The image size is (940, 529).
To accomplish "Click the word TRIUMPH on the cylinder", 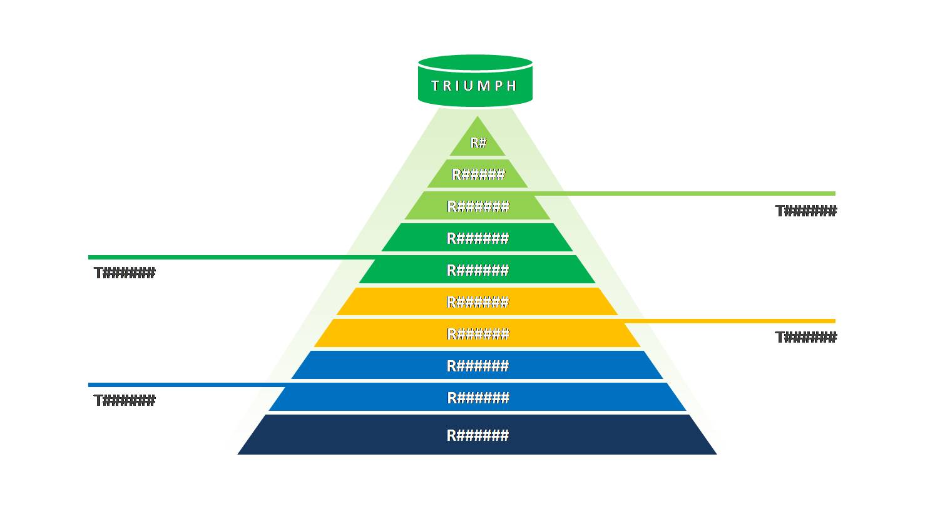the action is click(x=474, y=86).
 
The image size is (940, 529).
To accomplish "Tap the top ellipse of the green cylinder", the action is click(x=476, y=63).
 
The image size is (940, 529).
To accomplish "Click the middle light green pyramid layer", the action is click(x=478, y=174).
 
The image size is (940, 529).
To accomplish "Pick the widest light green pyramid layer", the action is click(x=478, y=205).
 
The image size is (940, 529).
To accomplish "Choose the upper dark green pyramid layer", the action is click(x=478, y=238).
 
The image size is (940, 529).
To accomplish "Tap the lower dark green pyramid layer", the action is click(x=478, y=270).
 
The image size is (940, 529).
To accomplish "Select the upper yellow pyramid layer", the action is click(x=478, y=301).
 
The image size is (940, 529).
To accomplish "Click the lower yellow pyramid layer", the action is click(x=478, y=333).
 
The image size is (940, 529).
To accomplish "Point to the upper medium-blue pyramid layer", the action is click(x=478, y=365).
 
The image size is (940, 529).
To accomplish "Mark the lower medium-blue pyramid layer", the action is click(x=478, y=397).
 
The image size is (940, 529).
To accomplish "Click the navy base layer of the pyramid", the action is click(x=478, y=435).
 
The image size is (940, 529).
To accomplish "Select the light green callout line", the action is click(x=685, y=194).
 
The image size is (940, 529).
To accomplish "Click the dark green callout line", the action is click(x=232, y=258).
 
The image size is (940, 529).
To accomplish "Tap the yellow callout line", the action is click(x=730, y=321).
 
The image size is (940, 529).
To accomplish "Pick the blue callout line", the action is click(x=187, y=385).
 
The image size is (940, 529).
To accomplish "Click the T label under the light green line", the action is click(x=805, y=211).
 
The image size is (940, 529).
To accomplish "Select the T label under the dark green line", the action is click(x=125, y=273).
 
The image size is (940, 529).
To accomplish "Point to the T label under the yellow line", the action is click(x=805, y=337).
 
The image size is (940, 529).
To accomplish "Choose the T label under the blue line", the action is click(x=125, y=400).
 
